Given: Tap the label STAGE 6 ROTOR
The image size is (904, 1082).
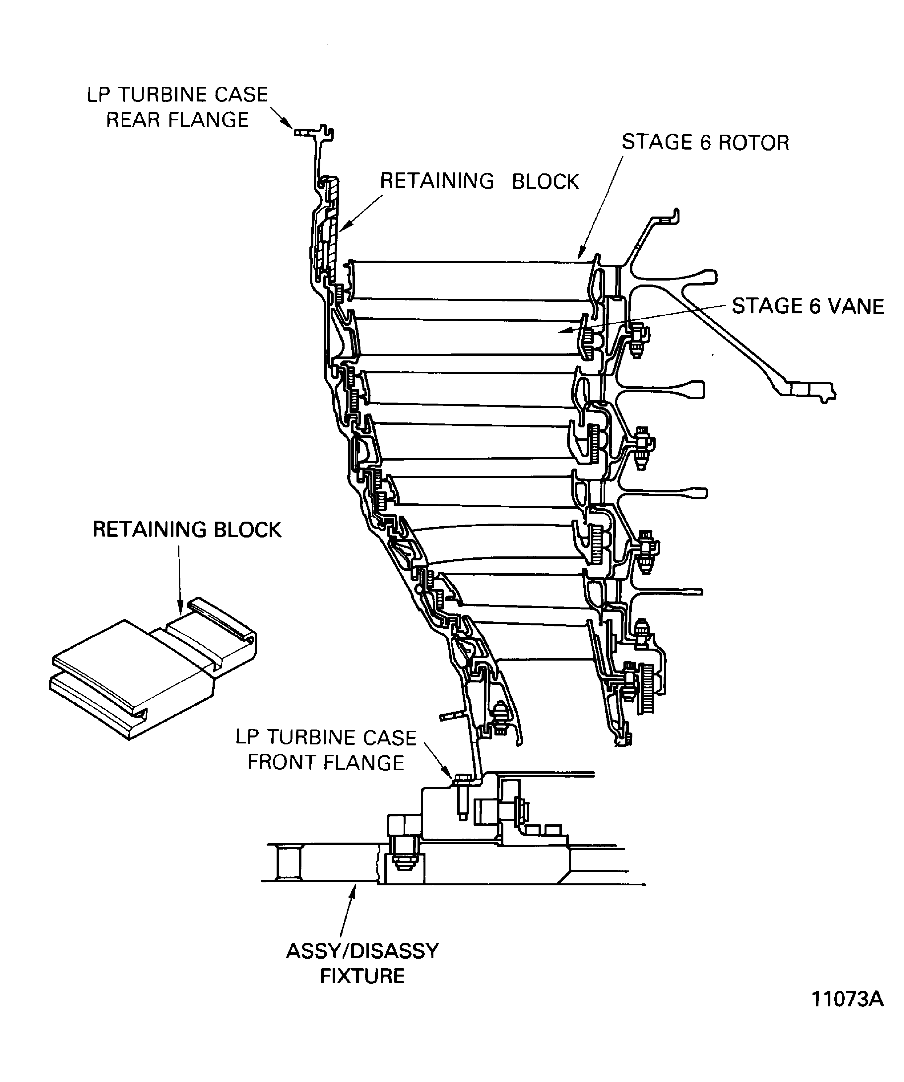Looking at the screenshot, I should point(705,143).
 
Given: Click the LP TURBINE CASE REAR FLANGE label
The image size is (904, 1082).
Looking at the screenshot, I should point(177,107).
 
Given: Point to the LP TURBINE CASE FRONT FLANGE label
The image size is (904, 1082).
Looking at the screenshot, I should point(326,750).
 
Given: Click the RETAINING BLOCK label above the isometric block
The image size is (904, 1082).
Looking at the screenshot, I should point(187,530).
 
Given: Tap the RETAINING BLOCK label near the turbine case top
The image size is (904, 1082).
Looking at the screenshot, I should point(479,181).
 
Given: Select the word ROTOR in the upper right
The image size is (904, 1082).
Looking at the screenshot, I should point(753,143).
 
